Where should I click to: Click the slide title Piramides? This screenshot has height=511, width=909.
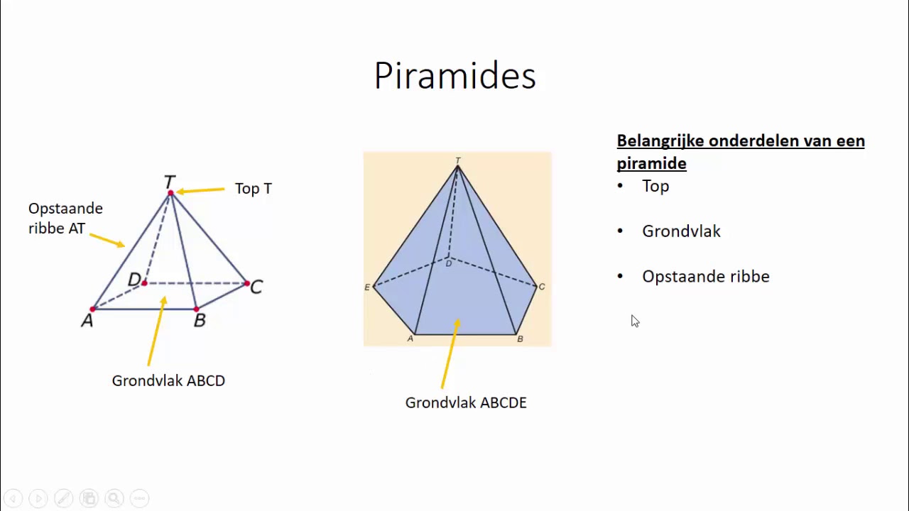point(454,76)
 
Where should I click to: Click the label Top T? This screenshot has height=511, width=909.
point(253,189)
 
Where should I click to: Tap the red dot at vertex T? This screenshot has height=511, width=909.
point(170,192)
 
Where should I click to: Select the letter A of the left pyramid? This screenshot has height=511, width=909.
point(87,321)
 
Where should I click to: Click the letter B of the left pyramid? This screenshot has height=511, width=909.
point(200,321)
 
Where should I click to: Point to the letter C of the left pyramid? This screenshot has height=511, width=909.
point(256,287)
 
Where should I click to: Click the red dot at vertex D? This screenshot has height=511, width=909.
point(144,283)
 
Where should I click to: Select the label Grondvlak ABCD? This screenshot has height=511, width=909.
point(168,381)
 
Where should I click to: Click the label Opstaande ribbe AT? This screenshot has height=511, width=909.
point(65,219)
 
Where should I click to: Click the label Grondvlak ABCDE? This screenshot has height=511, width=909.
point(466,403)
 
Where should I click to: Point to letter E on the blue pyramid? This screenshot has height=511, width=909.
point(367,287)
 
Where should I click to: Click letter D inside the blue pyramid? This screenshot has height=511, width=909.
point(448,264)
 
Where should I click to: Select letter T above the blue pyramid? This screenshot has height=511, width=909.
point(458,161)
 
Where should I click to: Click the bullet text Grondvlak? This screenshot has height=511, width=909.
point(681,231)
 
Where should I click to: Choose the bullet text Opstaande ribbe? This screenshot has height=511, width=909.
point(705,277)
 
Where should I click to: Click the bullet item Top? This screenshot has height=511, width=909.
point(655,186)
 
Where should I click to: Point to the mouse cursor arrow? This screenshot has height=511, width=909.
point(634,321)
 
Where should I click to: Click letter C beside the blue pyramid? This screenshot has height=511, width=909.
point(542,287)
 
